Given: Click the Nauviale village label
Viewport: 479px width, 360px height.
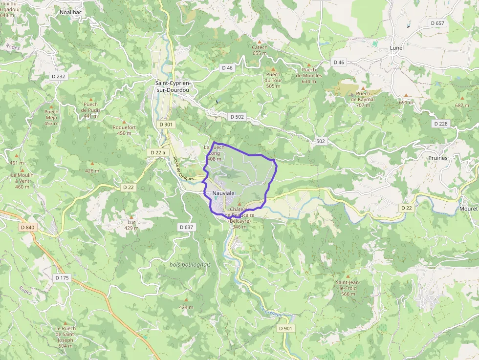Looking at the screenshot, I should (x=224, y=193).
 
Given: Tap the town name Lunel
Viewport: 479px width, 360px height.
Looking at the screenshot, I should (x=396, y=48).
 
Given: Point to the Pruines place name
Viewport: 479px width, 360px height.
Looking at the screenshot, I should (x=437, y=158).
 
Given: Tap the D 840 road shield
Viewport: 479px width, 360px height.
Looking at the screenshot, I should (x=28, y=227).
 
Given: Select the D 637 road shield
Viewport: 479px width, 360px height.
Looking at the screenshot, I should (x=187, y=227).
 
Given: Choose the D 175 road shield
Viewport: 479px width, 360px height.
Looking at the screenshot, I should (x=62, y=278).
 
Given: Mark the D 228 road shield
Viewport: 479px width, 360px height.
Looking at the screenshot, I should (x=440, y=124).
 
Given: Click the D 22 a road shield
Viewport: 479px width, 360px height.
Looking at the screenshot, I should (x=157, y=153).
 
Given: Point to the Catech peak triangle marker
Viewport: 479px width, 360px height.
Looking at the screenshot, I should (x=260, y=42).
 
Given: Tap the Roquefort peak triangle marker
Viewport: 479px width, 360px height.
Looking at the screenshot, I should (x=124, y=122).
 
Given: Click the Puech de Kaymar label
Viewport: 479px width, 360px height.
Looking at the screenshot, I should (x=363, y=96).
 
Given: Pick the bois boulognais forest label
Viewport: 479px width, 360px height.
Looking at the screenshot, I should (x=190, y=264).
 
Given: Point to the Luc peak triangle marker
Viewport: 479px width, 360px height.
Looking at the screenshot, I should (x=131, y=216).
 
